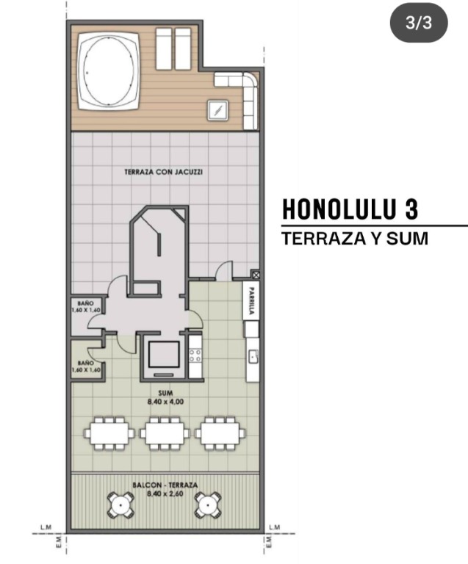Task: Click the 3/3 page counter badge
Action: [x=419, y=23]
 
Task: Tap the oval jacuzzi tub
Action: [x=108, y=71]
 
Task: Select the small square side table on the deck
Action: [x=217, y=110]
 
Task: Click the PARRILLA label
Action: [x=251, y=300]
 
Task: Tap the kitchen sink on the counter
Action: [x=253, y=356]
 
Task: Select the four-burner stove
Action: [x=195, y=355]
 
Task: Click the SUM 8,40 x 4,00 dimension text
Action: [x=165, y=397]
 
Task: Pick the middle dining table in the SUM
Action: [x=165, y=433]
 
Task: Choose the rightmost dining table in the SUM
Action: [x=220, y=433]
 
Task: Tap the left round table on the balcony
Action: [x=120, y=505]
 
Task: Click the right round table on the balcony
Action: [x=208, y=505]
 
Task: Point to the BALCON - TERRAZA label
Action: [x=165, y=485]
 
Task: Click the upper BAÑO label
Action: [x=86, y=303]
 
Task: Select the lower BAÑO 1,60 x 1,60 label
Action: [x=86, y=366]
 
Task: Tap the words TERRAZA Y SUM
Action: [x=355, y=239]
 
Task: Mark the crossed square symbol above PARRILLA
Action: [x=256, y=275]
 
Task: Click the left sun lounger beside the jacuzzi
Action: [x=164, y=49]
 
